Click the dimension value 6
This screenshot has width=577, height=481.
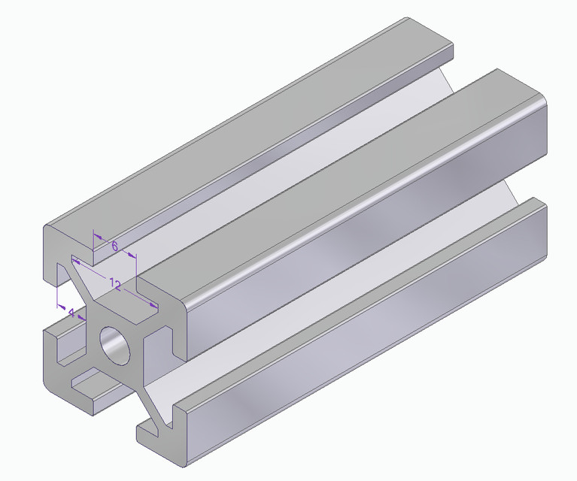click(114, 246)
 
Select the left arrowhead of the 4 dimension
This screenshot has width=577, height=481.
click(61, 306)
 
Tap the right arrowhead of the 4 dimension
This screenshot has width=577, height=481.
click(84, 316)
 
